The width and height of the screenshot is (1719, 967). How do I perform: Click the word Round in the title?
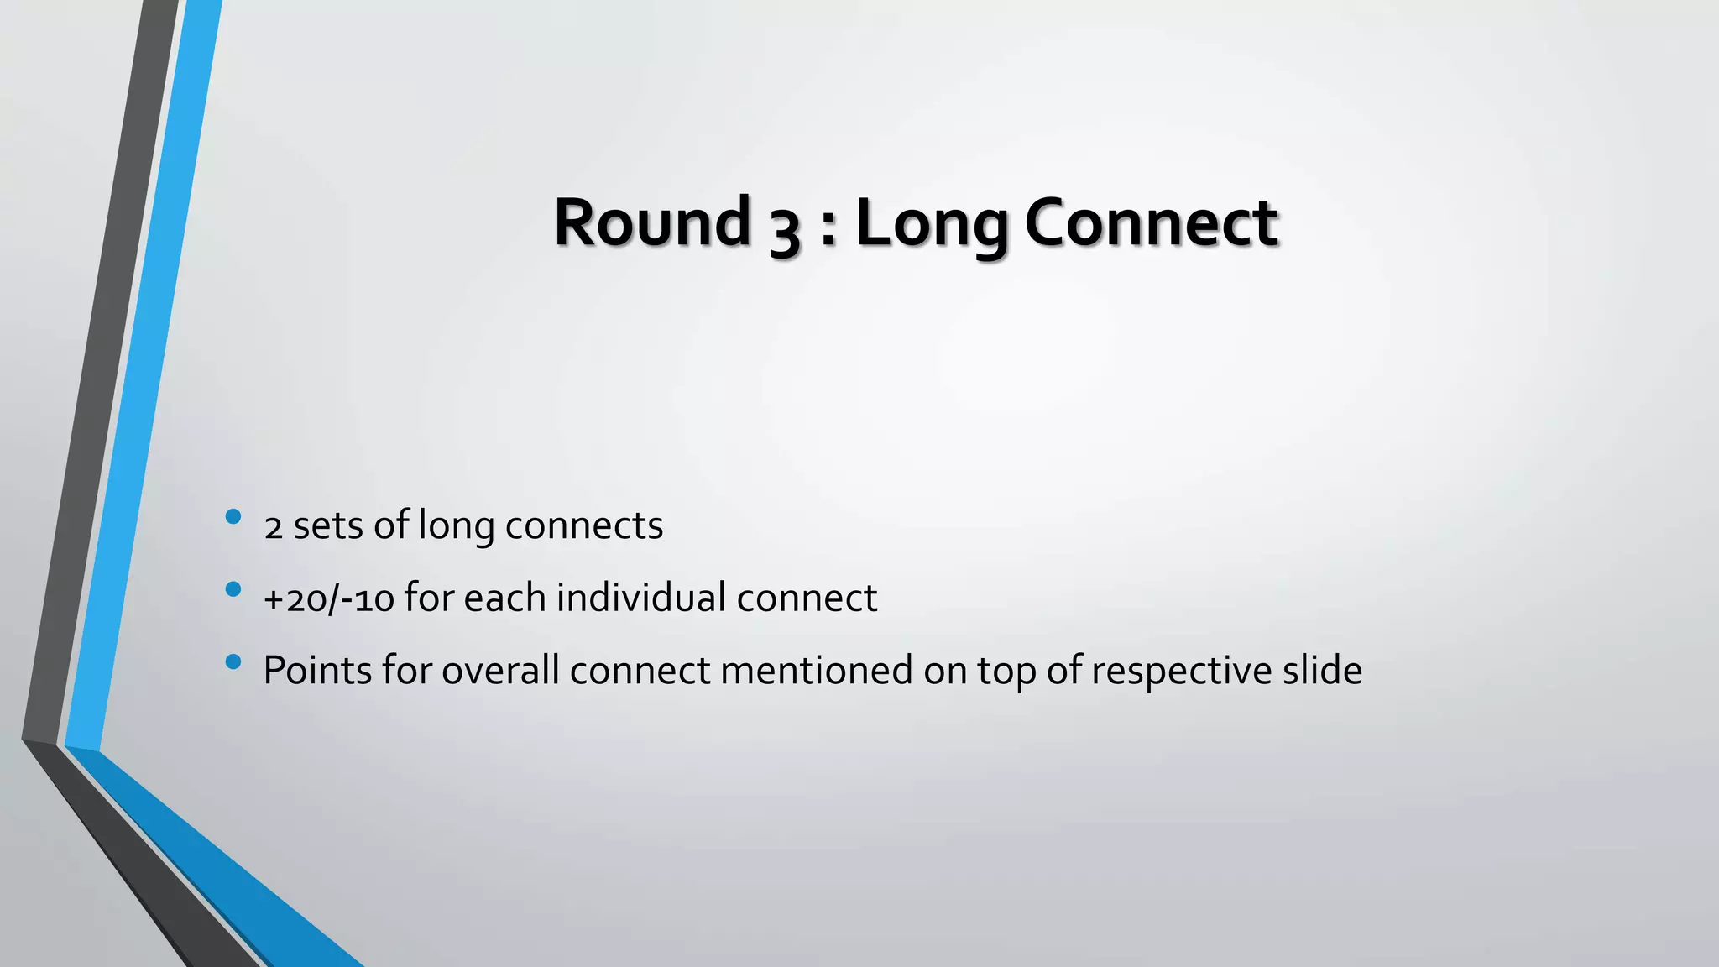652,222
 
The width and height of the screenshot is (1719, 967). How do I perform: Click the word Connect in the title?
1151,222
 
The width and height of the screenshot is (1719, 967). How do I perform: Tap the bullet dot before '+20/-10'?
233,589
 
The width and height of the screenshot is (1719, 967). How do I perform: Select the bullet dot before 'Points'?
233,662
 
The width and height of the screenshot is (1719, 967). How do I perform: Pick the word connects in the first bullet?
584,526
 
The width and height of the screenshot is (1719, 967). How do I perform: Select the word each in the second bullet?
504,598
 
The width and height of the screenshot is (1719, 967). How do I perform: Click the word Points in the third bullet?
317,671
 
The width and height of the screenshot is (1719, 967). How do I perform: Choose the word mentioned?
817,671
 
